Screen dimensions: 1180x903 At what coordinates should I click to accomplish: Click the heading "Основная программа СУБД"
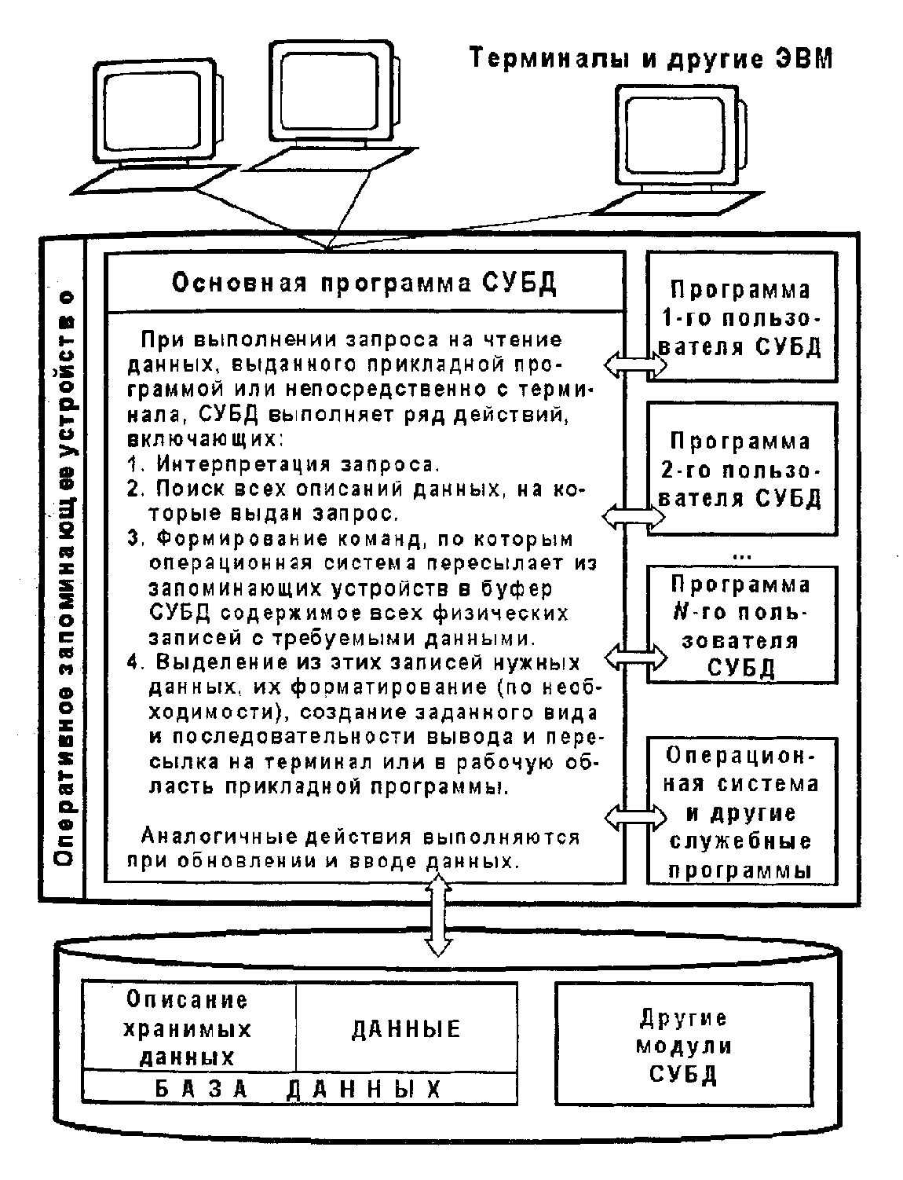pyautogui.click(x=364, y=283)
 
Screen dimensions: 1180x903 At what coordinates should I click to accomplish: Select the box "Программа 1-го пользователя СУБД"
pyautogui.click(x=741, y=317)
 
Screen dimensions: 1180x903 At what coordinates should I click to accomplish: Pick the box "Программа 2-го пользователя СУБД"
pyautogui.click(x=741, y=469)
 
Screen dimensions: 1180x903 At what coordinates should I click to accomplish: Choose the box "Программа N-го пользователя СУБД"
pyautogui.click(x=741, y=625)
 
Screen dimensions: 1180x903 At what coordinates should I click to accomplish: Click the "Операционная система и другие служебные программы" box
pyautogui.click(x=741, y=812)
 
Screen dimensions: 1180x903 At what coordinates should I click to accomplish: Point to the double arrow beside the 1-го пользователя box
pyautogui.click(x=634, y=363)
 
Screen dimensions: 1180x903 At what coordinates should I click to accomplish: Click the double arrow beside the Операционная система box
pyautogui.click(x=634, y=817)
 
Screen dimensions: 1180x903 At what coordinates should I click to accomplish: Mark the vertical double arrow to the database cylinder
pyautogui.click(x=437, y=916)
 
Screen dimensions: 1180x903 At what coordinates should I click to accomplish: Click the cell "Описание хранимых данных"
pyautogui.click(x=188, y=1028)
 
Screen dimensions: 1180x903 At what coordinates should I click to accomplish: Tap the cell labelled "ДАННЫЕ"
pyautogui.click(x=405, y=1029)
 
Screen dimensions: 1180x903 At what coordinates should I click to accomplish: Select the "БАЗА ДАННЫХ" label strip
pyautogui.click(x=298, y=1089)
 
